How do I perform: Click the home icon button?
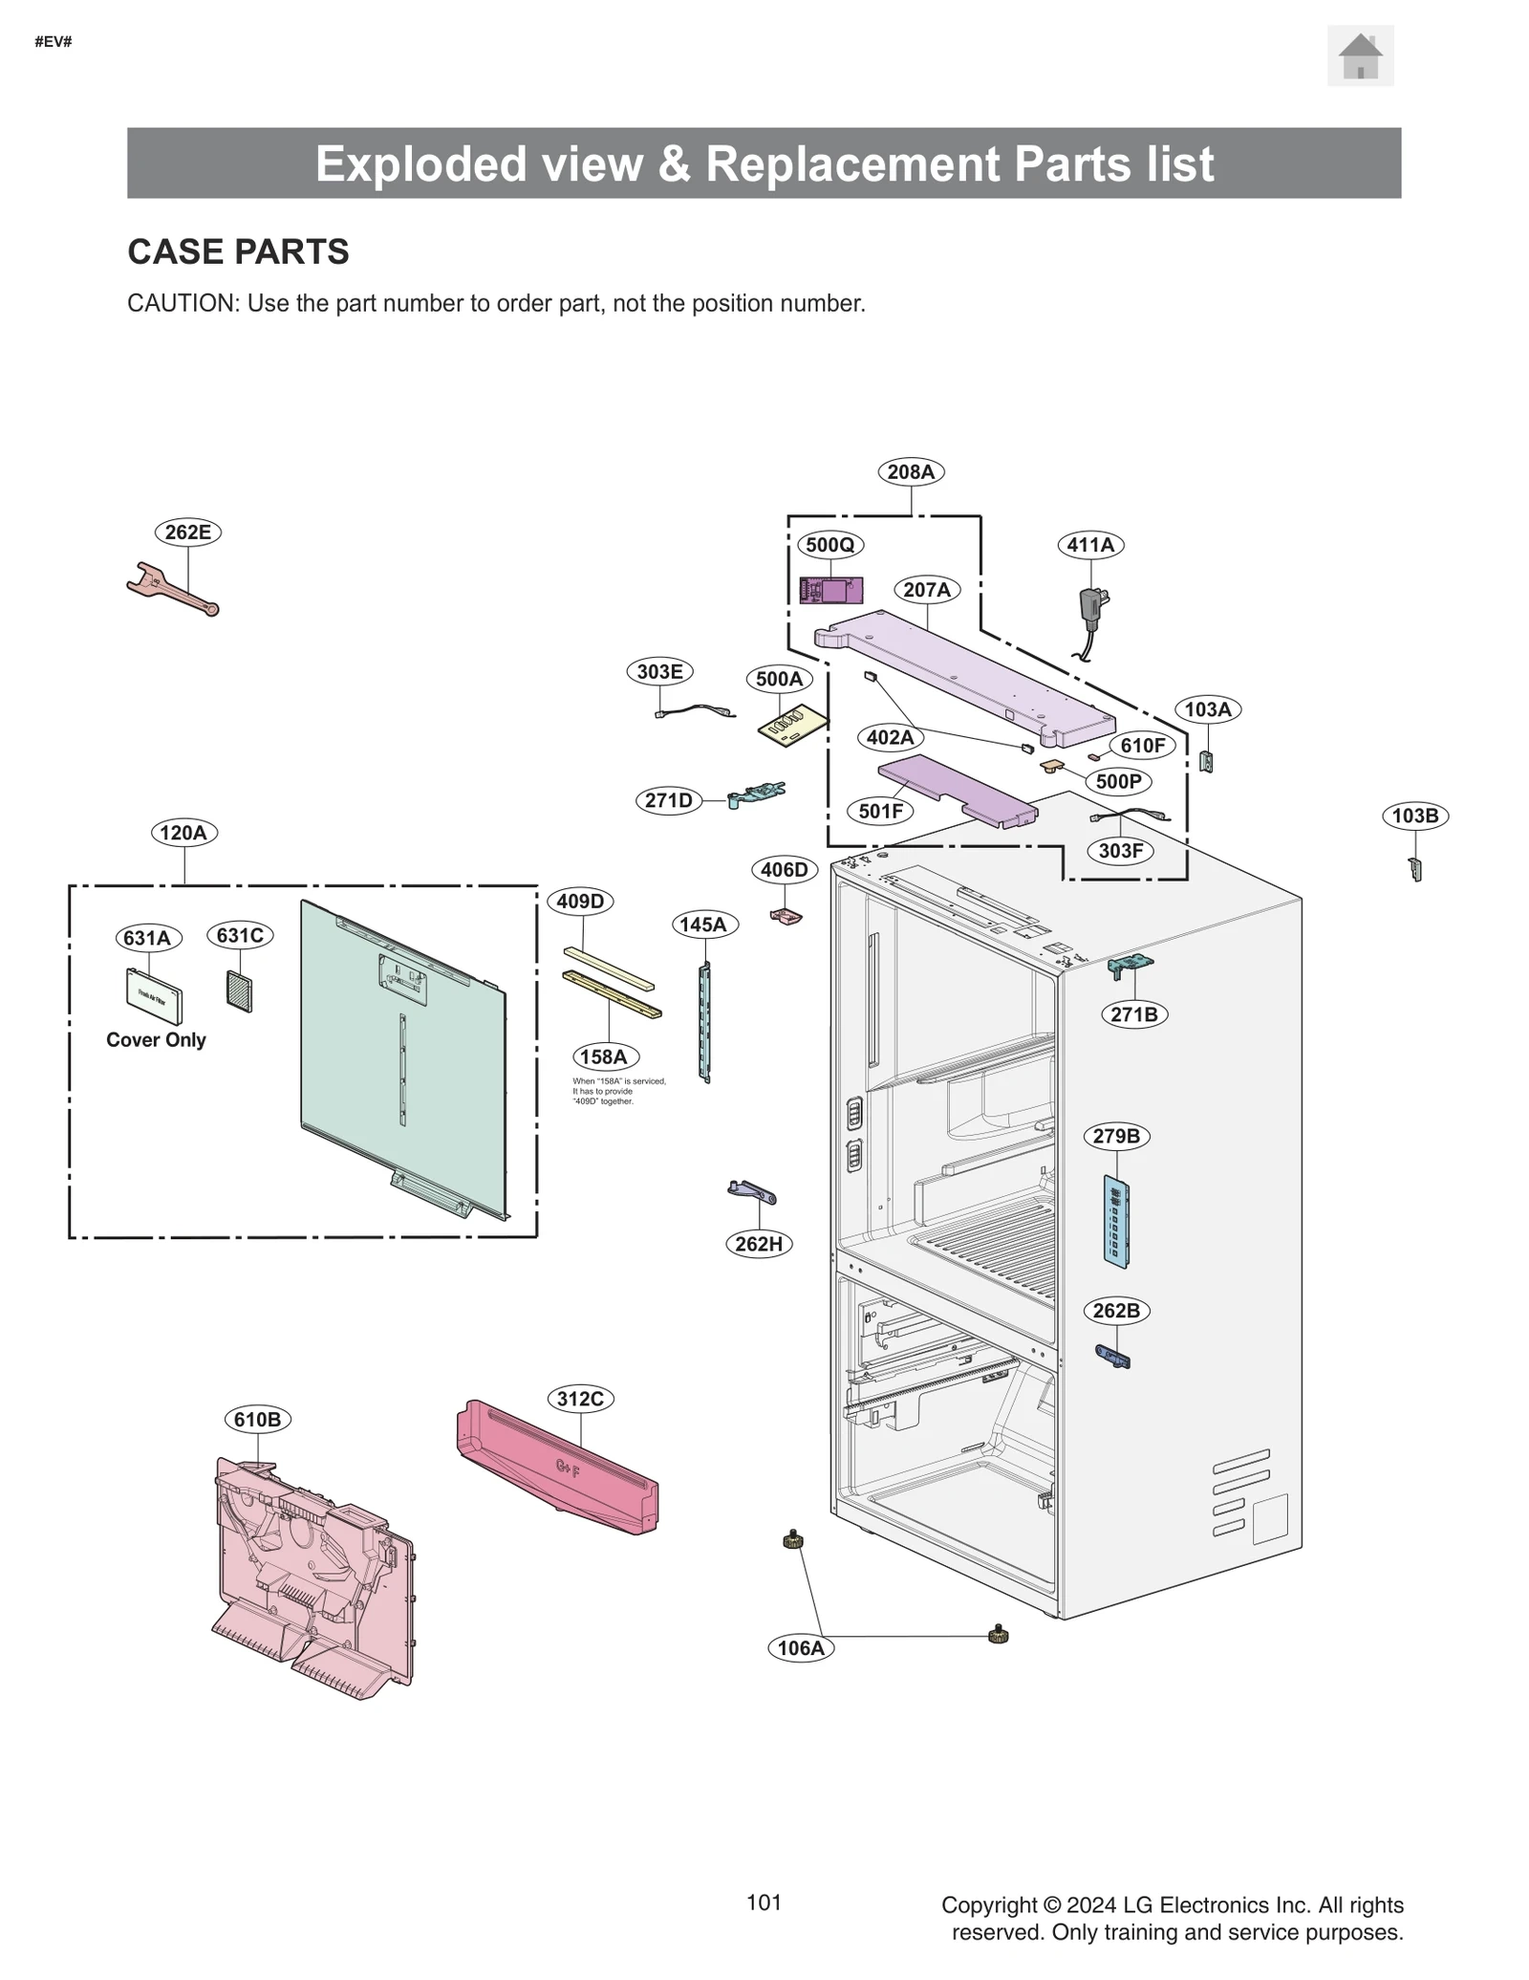coord(1359,56)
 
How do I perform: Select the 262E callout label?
coord(187,532)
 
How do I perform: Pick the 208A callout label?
coord(910,471)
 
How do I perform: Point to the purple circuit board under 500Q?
coord(830,591)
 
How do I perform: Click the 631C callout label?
coord(240,935)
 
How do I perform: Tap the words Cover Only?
coord(156,1039)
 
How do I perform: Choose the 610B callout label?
coord(257,1419)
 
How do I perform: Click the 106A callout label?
coord(800,1647)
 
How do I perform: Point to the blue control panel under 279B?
coord(1115,1222)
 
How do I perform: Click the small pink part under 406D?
coord(786,917)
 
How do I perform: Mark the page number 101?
coord(764,1902)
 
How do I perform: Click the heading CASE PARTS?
coord(238,251)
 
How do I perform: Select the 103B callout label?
coord(1414,816)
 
